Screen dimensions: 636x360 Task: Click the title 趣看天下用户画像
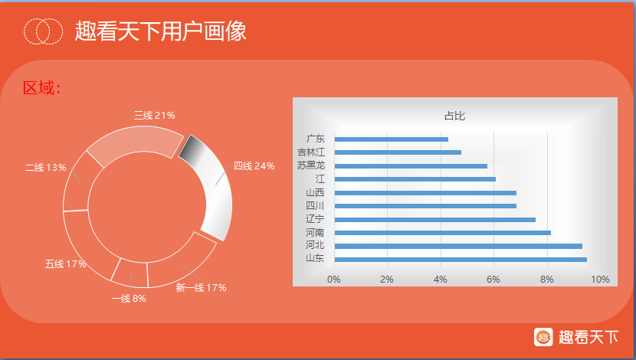click(161, 31)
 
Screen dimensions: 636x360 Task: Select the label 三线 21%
click(155, 116)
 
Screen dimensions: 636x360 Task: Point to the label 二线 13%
click(45, 168)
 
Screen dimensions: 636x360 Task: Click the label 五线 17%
click(65, 264)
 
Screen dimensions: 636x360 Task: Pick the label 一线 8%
click(129, 299)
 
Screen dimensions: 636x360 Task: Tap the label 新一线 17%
click(201, 288)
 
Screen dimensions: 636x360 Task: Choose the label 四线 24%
click(254, 165)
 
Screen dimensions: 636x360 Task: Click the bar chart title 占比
click(454, 116)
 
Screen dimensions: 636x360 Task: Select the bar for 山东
click(461, 260)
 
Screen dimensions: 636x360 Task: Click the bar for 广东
click(391, 139)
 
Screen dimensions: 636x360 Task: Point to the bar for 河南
click(443, 233)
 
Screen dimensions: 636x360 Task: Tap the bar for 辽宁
click(434, 219)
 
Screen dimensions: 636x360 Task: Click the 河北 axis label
click(315, 245)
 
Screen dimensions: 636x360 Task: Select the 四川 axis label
click(315, 205)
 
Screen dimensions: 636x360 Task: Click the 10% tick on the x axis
click(600, 280)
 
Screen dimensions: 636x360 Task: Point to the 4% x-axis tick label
click(440, 280)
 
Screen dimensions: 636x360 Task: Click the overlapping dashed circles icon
click(43, 31)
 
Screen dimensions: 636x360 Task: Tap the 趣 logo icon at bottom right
click(543, 337)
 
